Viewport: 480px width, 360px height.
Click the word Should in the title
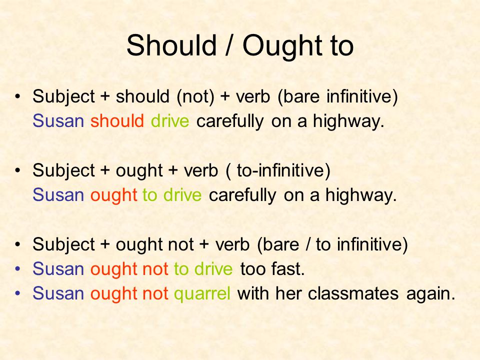click(171, 45)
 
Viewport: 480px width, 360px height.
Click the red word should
click(117, 121)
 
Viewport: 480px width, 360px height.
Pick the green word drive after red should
click(170, 121)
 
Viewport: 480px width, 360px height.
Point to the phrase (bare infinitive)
click(337, 96)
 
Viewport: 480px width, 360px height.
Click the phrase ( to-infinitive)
click(278, 170)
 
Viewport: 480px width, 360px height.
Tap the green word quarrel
click(202, 294)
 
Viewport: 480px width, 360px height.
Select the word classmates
click(353, 293)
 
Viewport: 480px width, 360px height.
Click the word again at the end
click(430, 294)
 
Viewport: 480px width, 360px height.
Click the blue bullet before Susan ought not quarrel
click(18, 293)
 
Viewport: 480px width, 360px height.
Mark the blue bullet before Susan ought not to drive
click(18, 269)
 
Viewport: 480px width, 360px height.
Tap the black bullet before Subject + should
click(18, 96)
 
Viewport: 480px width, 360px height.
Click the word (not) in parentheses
click(195, 96)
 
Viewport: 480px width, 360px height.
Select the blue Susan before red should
click(58, 121)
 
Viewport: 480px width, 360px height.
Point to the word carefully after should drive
click(230, 122)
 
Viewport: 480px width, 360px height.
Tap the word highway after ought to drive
click(361, 196)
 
